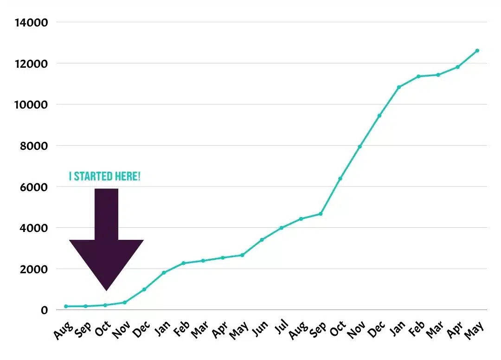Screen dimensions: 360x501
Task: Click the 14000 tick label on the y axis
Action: pyautogui.click(x=31, y=22)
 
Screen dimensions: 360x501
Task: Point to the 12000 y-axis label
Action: pyautogui.click(x=31, y=64)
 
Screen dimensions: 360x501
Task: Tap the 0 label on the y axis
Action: pyautogui.click(x=45, y=310)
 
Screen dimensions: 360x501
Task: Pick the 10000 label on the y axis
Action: pyautogui.click(x=31, y=105)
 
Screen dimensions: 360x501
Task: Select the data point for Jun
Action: pyautogui.click(x=262, y=240)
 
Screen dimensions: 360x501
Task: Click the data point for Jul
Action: pyautogui.click(x=281, y=228)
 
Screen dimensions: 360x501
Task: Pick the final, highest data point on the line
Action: pyautogui.click(x=477, y=51)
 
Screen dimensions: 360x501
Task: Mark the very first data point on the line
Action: pyautogui.click(x=66, y=306)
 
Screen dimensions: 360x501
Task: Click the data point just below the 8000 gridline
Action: pyautogui.click(x=360, y=147)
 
